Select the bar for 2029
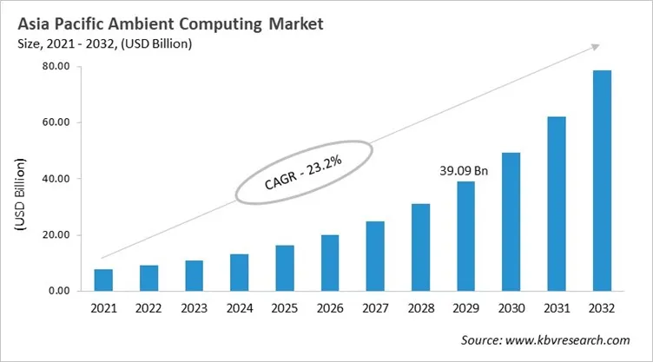coord(465,236)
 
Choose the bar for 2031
coord(557,204)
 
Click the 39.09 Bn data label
coord(465,171)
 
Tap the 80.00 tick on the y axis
coord(56,67)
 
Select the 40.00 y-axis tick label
coord(56,179)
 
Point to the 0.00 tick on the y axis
coord(58,291)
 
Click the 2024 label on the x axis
coord(239,310)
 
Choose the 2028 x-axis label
coord(420,310)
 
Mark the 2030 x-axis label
coord(511,310)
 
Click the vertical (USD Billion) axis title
coord(19,194)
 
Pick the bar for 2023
coord(194,275)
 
